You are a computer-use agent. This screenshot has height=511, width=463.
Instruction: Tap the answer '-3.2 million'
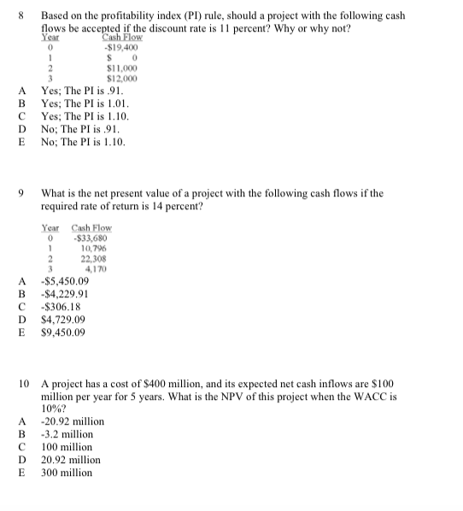pyautogui.click(x=67, y=434)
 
